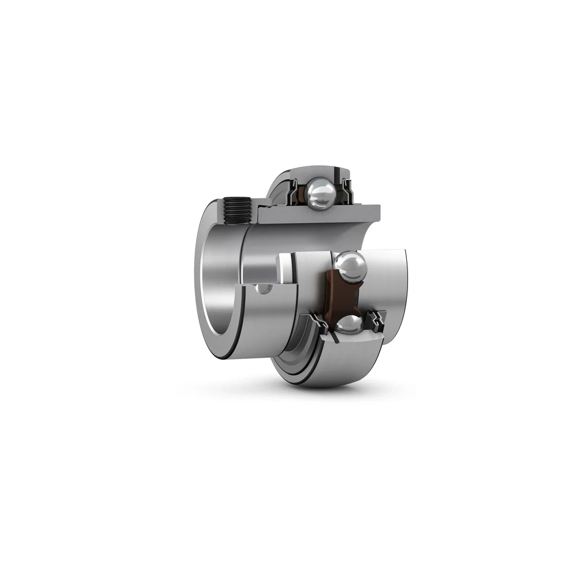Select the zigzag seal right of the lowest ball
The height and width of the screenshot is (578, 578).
click(378, 320)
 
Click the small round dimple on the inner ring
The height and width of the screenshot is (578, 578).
click(263, 288)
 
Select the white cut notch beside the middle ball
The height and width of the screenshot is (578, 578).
click(284, 268)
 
